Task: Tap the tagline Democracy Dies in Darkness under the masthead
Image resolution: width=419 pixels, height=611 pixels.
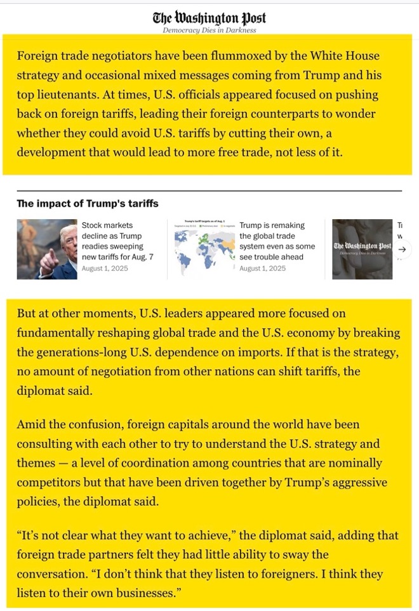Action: click(x=209, y=30)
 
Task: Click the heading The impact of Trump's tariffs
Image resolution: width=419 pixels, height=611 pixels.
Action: click(x=88, y=204)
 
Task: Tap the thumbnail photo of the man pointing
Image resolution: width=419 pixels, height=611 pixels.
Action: click(x=47, y=249)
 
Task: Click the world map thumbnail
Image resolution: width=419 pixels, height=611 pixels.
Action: click(x=201, y=249)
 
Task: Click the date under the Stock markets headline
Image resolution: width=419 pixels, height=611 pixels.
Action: click(x=105, y=269)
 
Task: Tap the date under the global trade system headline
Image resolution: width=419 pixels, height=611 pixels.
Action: click(x=262, y=269)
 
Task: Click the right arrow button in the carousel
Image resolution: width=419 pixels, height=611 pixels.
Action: click(x=401, y=249)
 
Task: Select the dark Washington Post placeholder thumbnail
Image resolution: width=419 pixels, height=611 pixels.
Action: click(x=362, y=249)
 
